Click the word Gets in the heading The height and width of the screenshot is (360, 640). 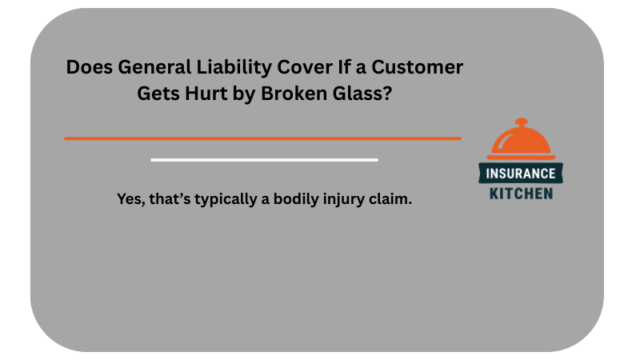coord(158,93)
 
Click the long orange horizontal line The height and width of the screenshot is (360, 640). coord(262,138)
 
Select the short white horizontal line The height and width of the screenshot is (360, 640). coord(264,160)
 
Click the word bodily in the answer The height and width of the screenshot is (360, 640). coord(297,199)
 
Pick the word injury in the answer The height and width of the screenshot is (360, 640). coord(349,199)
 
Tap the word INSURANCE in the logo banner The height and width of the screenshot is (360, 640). coord(521,173)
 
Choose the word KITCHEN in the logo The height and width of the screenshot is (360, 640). coord(521,193)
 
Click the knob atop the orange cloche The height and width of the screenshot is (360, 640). coord(521,123)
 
